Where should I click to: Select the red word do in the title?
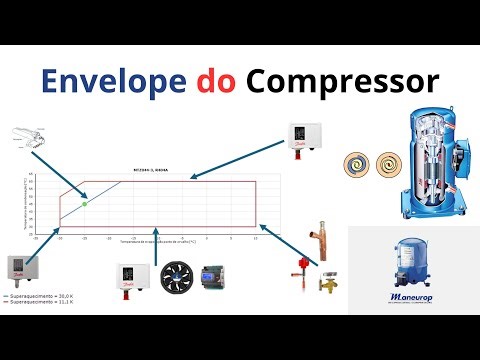[x=217, y=78]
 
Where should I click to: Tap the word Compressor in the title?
[x=341, y=78]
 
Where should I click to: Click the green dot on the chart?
[x=84, y=203]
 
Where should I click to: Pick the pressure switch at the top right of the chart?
[x=302, y=137]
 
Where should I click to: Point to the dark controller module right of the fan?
[x=213, y=276]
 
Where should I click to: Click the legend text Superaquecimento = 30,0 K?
[x=40, y=298]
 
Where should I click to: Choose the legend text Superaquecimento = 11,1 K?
[x=40, y=304]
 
